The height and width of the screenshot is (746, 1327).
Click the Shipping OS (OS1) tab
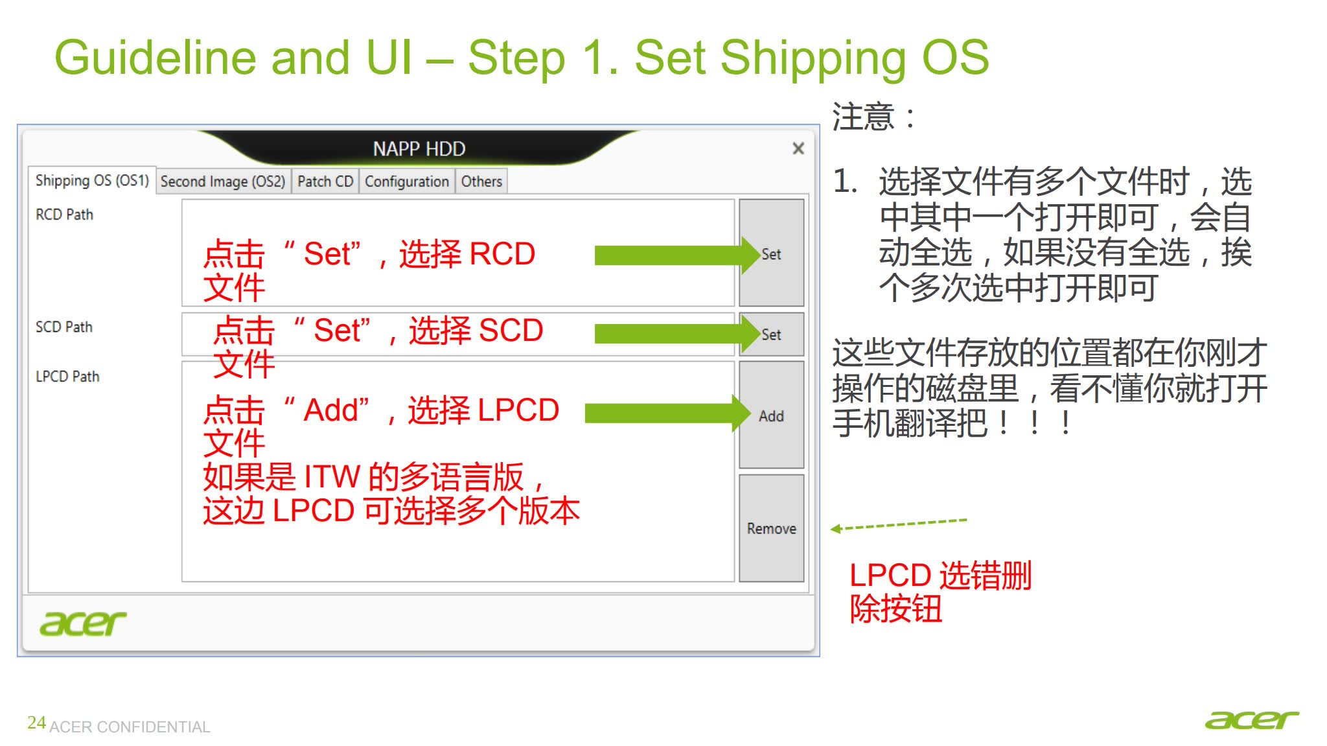92,180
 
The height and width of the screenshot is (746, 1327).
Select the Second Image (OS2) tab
223,181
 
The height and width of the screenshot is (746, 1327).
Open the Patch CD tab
325,181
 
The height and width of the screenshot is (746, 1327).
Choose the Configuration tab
407,181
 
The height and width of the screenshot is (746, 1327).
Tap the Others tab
481,181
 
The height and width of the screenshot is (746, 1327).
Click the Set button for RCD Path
771,253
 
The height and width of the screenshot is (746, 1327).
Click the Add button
771,415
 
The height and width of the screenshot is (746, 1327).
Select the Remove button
771,528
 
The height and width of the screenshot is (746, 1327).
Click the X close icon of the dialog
798,148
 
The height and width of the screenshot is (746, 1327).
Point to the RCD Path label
64,215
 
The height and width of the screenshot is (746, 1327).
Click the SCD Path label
64,327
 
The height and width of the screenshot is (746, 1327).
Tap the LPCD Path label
67,377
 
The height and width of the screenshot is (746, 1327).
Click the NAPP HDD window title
419,149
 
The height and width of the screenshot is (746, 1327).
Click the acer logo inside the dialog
83,624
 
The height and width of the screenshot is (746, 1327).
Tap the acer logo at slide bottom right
1252,720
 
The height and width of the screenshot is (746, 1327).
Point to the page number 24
36,723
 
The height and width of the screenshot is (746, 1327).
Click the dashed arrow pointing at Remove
899,525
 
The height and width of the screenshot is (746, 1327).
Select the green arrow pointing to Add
668,413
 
